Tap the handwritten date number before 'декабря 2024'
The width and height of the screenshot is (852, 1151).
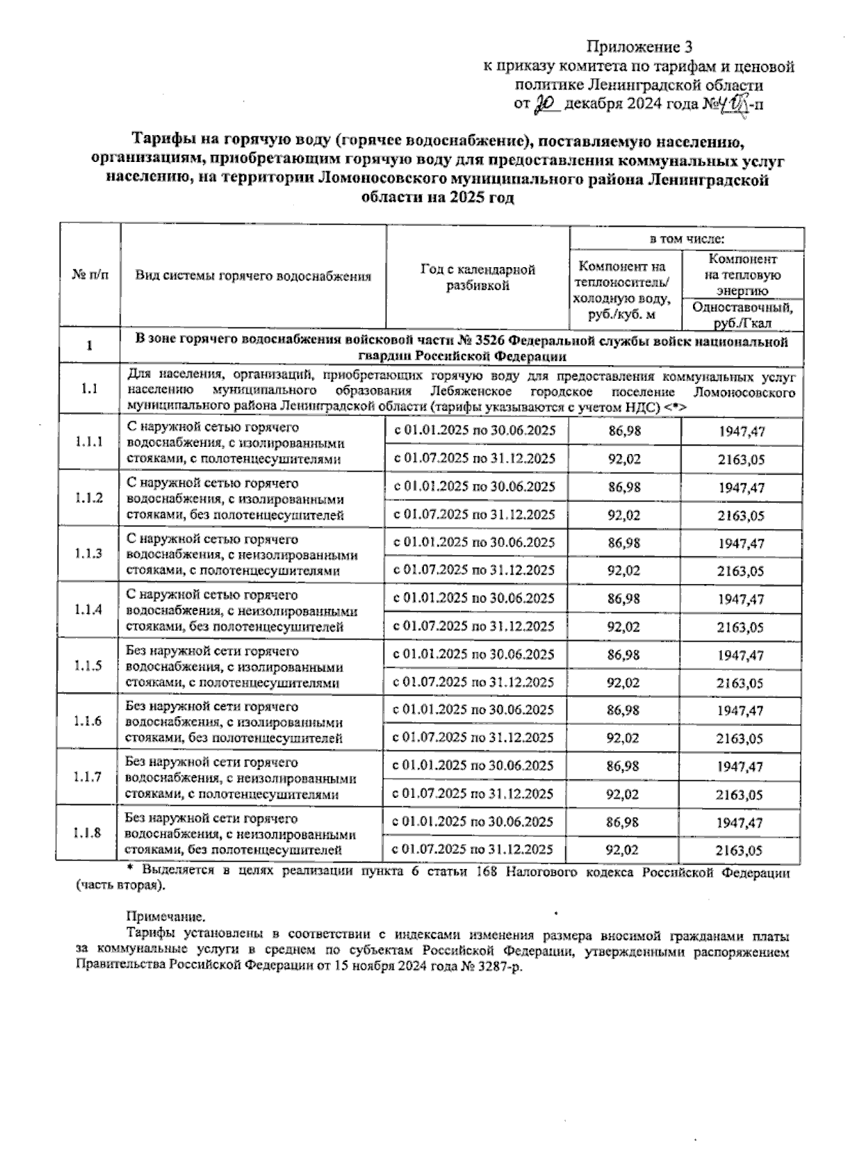[x=547, y=104]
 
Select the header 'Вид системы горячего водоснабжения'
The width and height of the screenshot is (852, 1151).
[x=253, y=276]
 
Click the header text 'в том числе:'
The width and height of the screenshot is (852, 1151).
[x=687, y=239]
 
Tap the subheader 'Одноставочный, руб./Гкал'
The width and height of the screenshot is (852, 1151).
[x=742, y=315]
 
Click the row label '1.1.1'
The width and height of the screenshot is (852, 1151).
[x=89, y=442]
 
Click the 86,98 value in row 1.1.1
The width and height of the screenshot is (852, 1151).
[x=624, y=431]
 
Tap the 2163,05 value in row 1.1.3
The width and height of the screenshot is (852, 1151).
[x=741, y=571]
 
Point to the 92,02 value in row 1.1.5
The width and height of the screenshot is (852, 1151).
[x=624, y=683]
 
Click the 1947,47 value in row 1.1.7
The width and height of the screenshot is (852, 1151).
[x=741, y=767]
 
